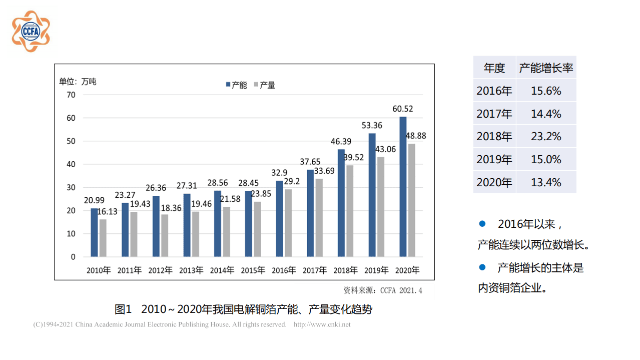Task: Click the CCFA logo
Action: (31, 31)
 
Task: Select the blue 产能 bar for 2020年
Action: (403, 187)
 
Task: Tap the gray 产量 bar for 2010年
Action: (103, 238)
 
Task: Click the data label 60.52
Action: (402, 109)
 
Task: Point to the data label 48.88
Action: (416, 136)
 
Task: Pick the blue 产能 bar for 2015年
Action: (248, 224)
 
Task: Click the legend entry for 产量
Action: (265, 85)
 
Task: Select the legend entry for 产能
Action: (236, 85)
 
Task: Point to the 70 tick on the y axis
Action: (71, 95)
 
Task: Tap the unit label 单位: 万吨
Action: (78, 82)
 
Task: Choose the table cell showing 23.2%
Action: (546, 136)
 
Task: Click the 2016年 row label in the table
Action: (494, 91)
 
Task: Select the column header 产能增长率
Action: (546, 68)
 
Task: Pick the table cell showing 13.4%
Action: (546, 182)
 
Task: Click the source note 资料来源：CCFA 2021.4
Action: (382, 290)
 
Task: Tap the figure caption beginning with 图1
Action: (243, 309)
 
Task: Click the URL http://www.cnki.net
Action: (322, 324)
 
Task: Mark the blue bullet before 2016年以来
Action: (482, 224)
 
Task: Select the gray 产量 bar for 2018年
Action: (350, 211)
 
